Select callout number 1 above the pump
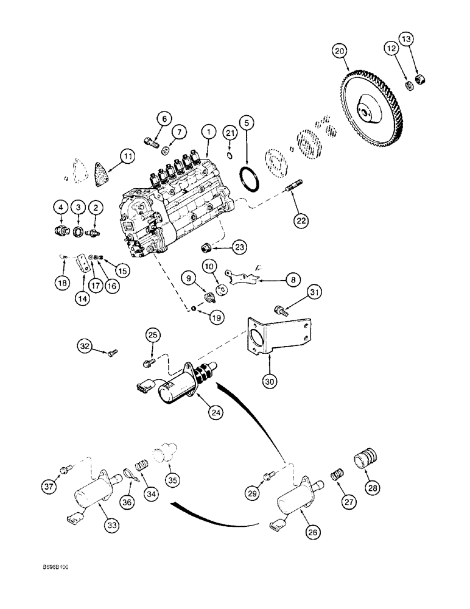pos(208,131)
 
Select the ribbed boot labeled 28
pos(366,457)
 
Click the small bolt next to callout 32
pos(112,351)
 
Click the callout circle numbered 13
pos(405,40)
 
